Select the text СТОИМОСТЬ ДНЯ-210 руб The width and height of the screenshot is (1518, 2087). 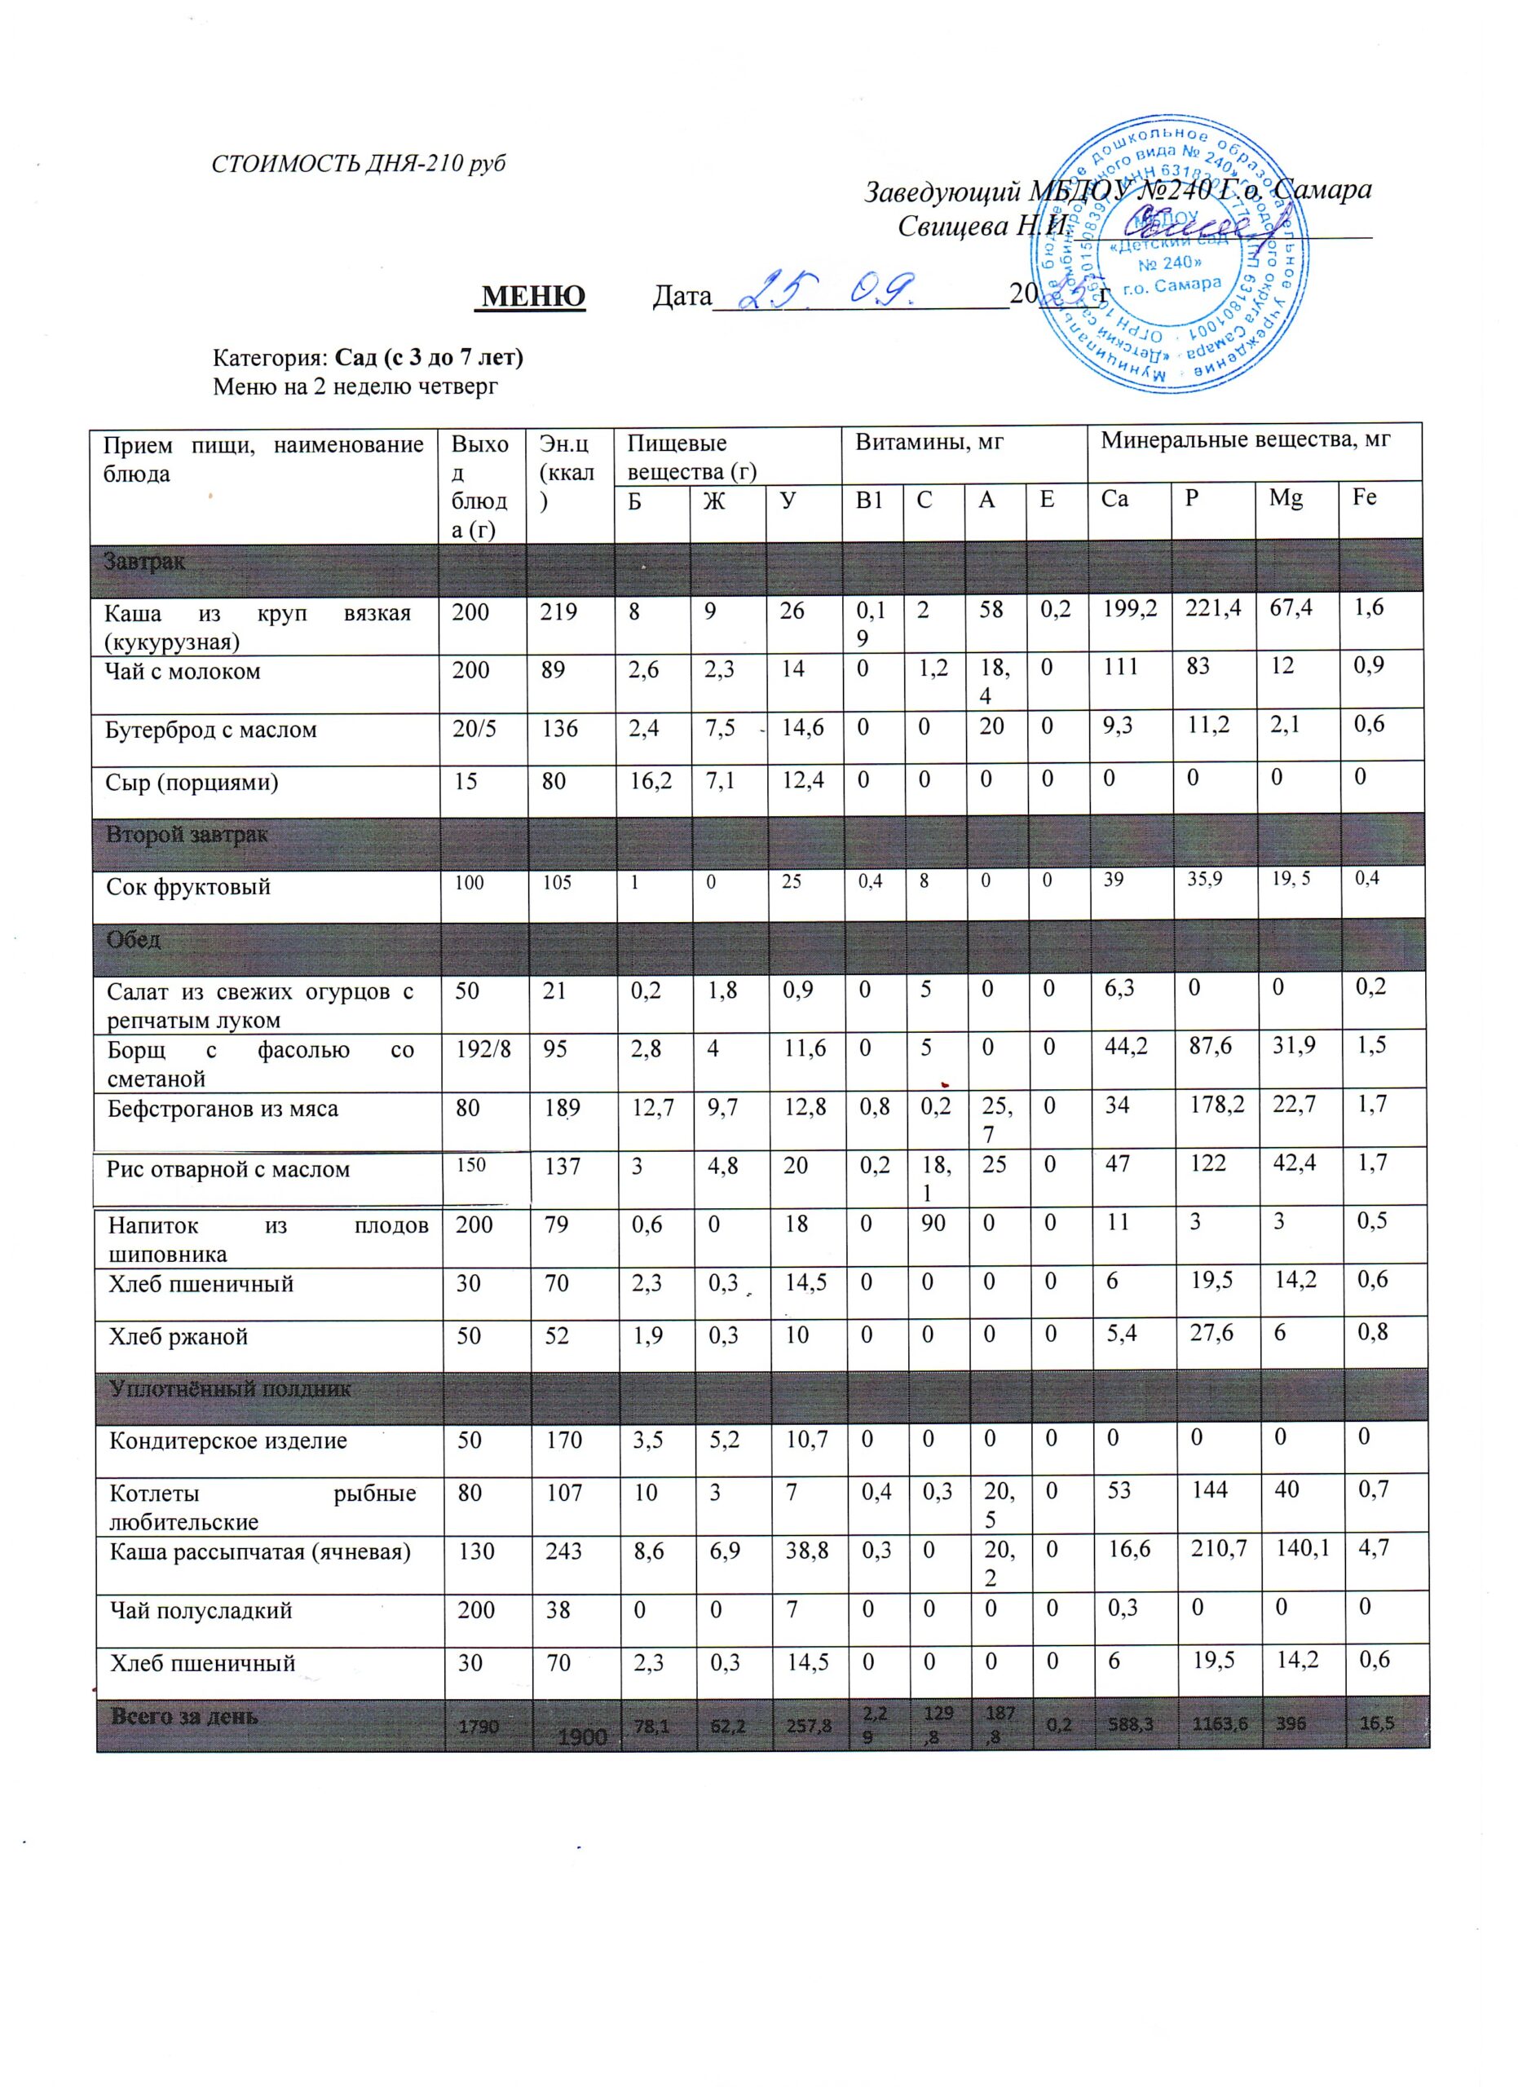click(359, 164)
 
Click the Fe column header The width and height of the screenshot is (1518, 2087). click(1365, 497)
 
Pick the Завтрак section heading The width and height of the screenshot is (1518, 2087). click(144, 562)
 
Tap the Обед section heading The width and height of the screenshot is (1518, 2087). click(134, 941)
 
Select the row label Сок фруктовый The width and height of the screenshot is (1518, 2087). click(188, 888)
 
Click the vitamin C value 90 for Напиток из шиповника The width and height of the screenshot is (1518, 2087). click(933, 1224)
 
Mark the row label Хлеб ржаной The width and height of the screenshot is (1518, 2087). click(179, 1337)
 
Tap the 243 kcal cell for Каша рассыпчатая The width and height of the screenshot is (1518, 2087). click(564, 1552)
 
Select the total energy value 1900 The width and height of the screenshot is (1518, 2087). click(582, 1736)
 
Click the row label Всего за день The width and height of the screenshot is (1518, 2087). click(184, 1717)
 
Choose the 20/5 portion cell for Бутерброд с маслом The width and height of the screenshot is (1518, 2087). click(475, 730)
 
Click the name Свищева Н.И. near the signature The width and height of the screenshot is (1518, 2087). click(982, 226)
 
